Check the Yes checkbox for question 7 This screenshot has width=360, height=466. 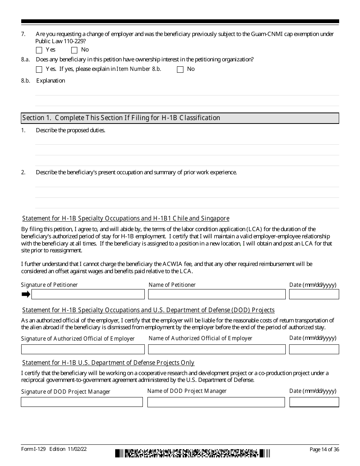(x=39, y=50)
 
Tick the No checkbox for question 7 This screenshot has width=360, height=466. (x=74, y=50)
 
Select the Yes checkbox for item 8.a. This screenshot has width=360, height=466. (x=39, y=69)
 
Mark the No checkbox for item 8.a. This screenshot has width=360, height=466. (x=180, y=69)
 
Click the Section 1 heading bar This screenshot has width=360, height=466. (x=180, y=118)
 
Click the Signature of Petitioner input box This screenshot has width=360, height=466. (x=88, y=294)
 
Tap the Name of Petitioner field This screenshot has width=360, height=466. (x=216, y=294)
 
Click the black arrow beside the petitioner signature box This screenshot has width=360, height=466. (x=26, y=294)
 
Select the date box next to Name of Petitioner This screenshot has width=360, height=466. (x=314, y=294)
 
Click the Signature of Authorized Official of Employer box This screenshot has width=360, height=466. (x=83, y=349)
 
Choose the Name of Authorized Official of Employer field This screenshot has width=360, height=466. (x=216, y=349)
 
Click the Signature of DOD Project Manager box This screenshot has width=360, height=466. (x=82, y=402)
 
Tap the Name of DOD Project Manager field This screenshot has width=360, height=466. (x=216, y=402)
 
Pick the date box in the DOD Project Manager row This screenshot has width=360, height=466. (x=314, y=402)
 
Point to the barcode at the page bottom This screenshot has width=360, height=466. (x=193, y=453)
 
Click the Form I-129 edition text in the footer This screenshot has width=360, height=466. (x=54, y=449)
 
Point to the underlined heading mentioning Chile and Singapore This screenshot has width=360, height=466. (x=126, y=219)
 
